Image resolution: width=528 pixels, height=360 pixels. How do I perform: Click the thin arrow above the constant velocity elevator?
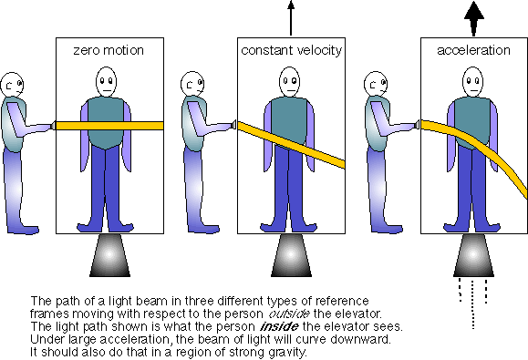click(x=291, y=18)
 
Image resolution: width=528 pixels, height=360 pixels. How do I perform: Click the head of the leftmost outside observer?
click(x=12, y=84)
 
